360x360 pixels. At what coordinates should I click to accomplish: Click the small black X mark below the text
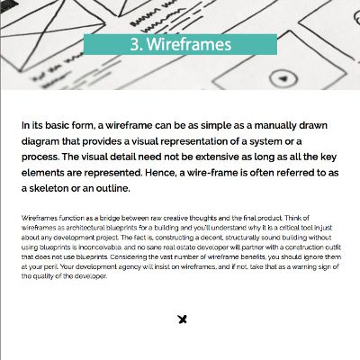tap(182, 319)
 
